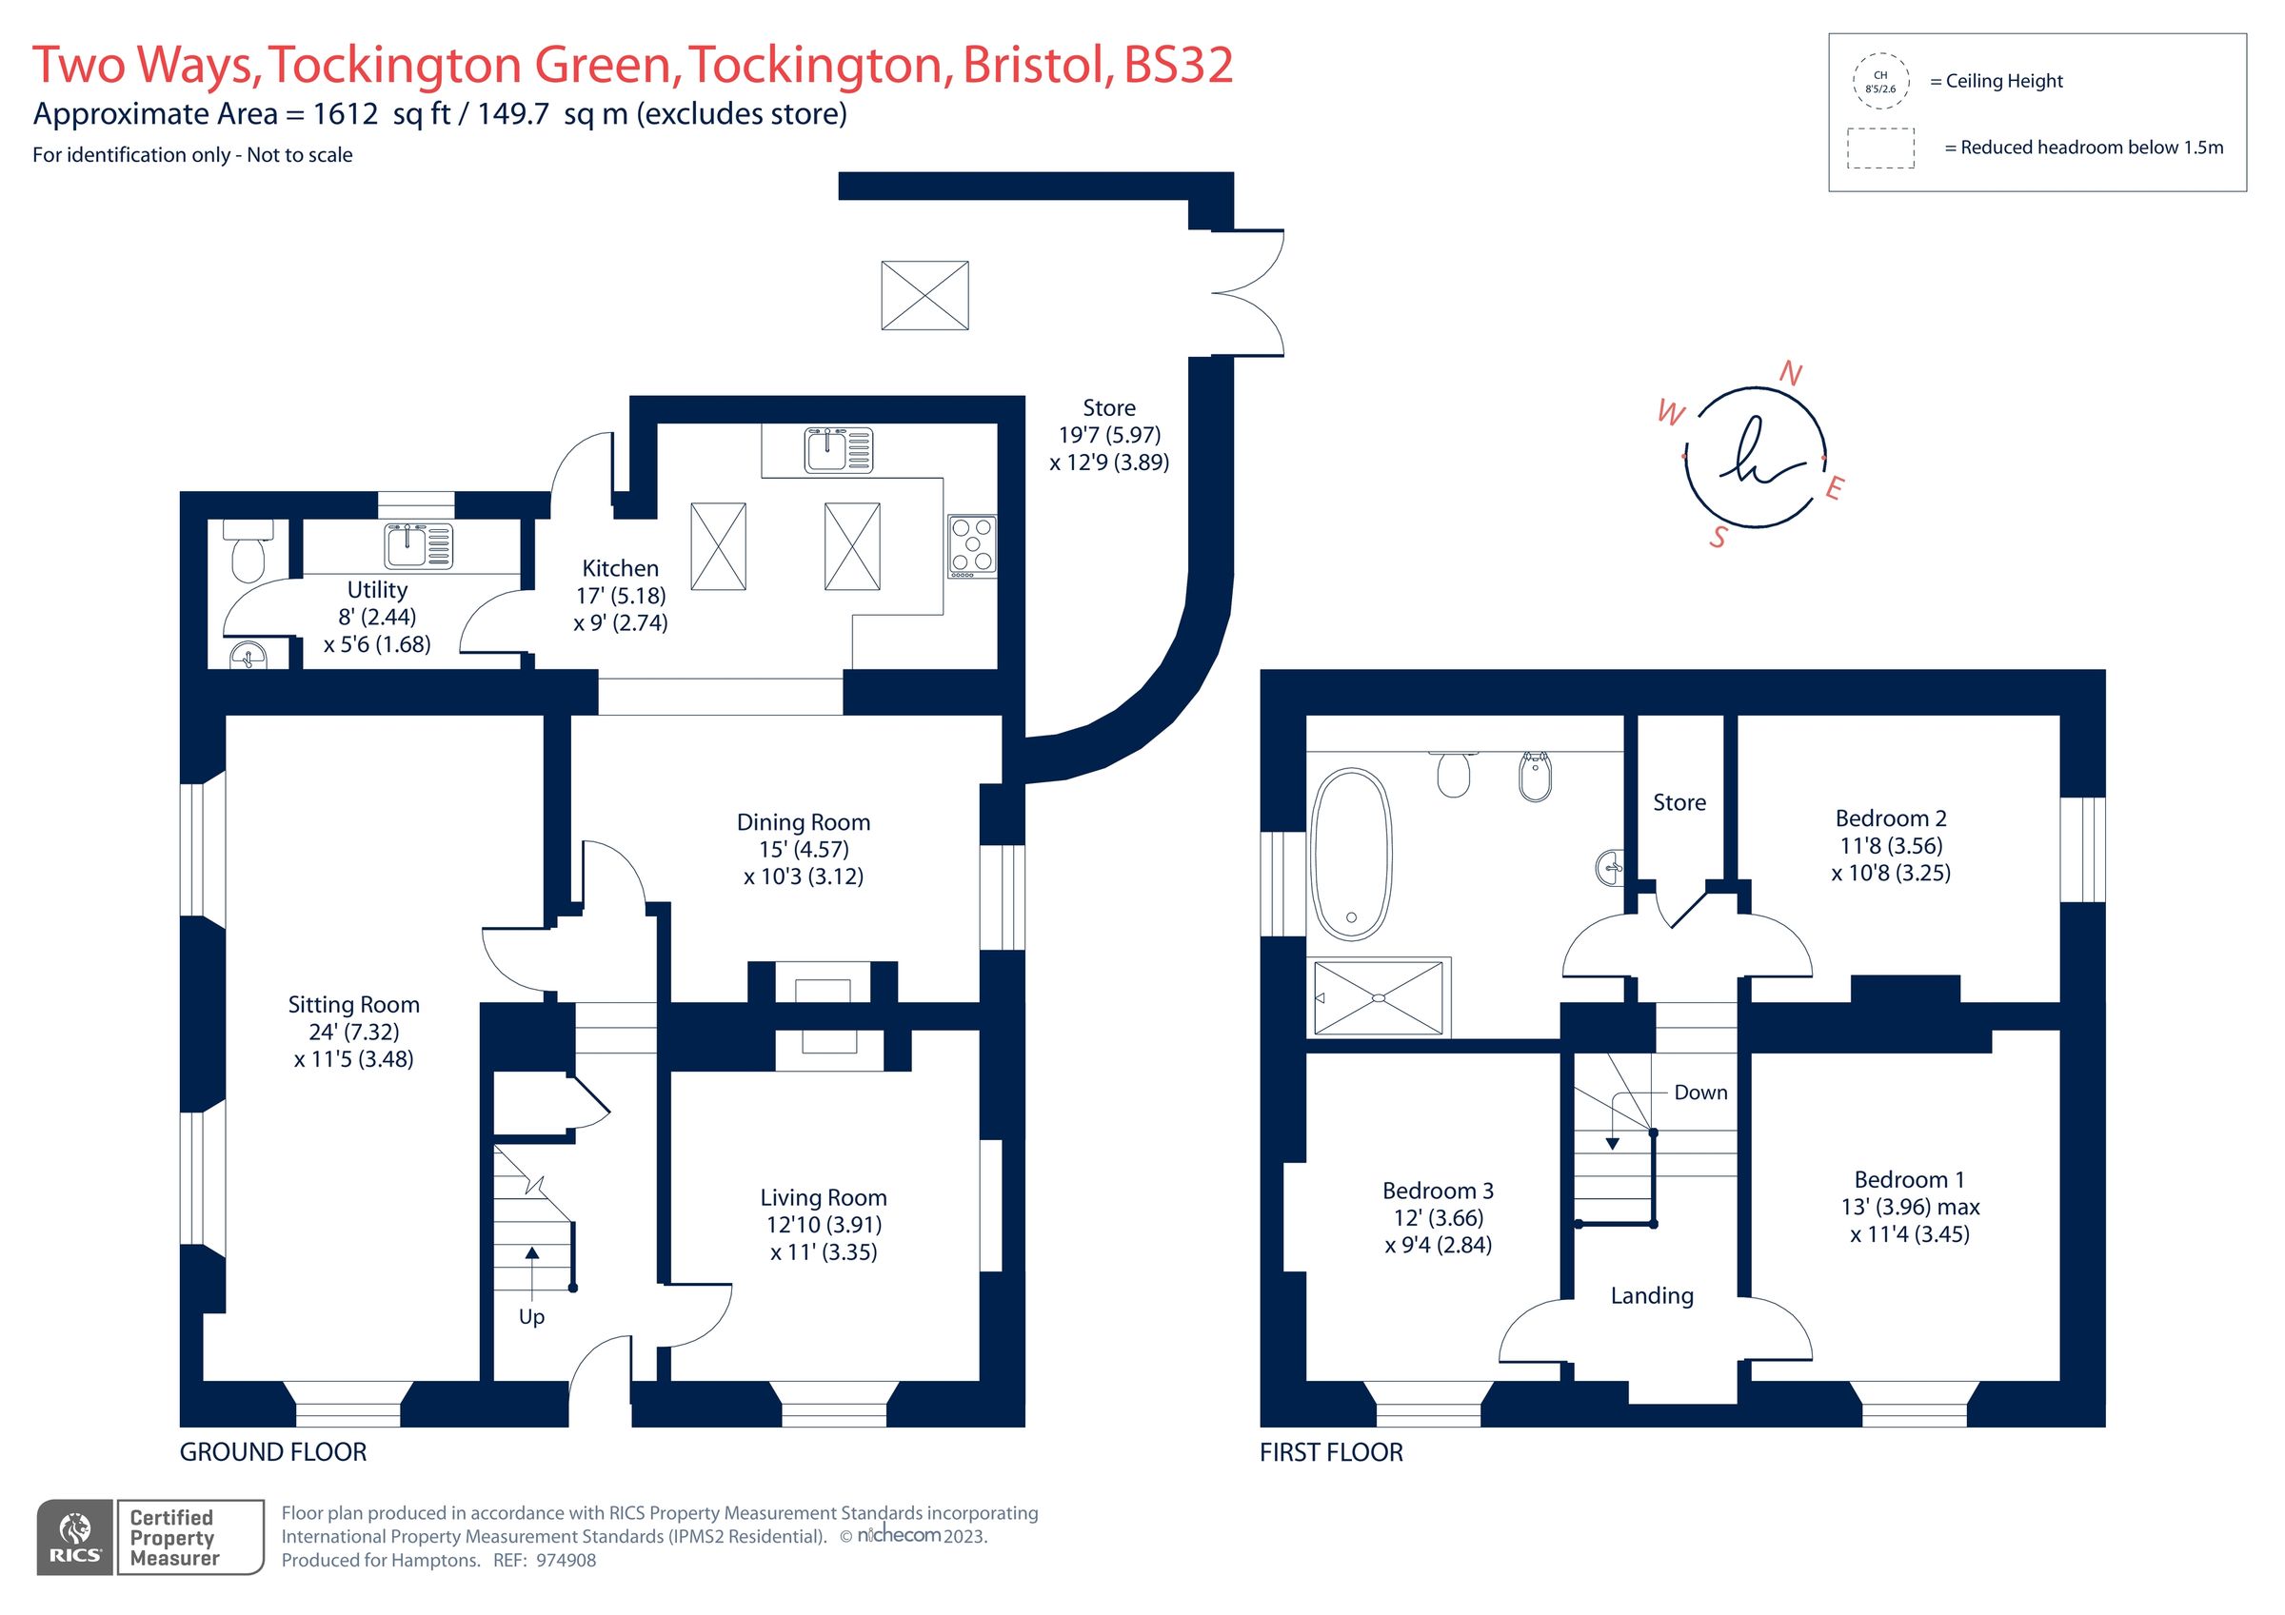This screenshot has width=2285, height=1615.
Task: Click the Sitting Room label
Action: (353, 1004)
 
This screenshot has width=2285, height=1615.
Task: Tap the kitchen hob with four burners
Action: (971, 545)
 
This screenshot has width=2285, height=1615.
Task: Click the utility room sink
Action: (418, 545)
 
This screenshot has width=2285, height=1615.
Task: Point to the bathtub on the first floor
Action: (1350, 854)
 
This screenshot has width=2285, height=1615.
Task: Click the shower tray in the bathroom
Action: (1379, 997)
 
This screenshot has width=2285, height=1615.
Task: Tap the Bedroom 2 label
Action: (1890, 817)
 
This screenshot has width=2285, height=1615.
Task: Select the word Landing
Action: (1651, 1294)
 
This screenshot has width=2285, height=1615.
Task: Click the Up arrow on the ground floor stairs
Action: (531, 1269)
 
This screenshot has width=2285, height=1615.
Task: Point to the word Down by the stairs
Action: (1699, 1092)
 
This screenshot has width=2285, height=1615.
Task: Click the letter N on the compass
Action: (1789, 374)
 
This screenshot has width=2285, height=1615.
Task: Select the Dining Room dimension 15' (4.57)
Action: (804, 849)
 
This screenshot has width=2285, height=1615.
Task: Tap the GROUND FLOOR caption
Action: (272, 1452)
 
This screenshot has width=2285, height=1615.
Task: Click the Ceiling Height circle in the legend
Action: (1880, 82)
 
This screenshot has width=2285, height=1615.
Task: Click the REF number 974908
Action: (566, 1560)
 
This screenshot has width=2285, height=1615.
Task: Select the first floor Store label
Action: (1679, 802)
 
